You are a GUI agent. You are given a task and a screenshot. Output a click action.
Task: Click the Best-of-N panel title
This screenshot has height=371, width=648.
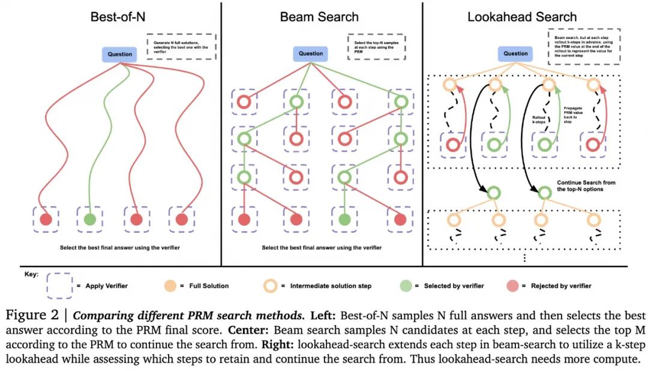click(118, 17)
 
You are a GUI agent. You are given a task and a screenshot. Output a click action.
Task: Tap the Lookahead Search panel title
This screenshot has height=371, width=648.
click(522, 17)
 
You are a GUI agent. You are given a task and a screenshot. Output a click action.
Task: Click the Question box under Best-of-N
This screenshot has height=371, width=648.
click(119, 54)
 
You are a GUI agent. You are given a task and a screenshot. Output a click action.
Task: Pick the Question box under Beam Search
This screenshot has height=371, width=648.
click(311, 53)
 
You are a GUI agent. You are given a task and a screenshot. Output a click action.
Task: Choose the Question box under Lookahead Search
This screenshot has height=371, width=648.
click(515, 53)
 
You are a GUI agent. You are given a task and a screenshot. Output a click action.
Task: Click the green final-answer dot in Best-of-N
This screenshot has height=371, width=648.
click(89, 219)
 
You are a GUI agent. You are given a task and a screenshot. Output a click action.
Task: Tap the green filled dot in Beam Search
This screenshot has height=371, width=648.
click(344, 220)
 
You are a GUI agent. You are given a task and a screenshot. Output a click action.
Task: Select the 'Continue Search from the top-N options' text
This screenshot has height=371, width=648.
click(586, 185)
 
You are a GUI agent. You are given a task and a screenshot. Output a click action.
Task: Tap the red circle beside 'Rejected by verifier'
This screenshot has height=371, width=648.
click(513, 286)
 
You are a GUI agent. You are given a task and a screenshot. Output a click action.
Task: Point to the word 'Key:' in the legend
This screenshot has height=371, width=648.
click(32, 274)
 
